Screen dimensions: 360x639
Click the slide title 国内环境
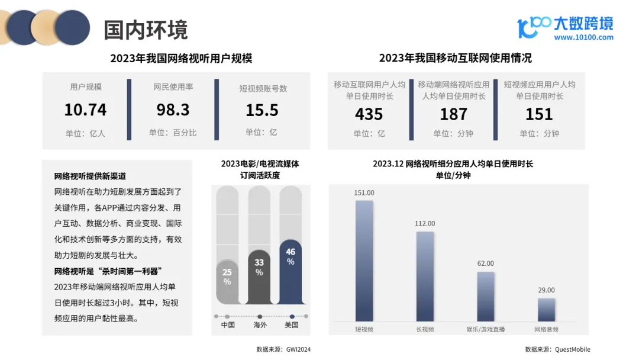tap(146, 29)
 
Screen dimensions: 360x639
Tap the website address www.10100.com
tap(583, 37)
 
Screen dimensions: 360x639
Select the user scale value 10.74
tap(85, 110)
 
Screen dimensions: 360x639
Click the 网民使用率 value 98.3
tap(173, 110)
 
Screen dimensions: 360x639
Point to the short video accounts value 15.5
tap(262, 110)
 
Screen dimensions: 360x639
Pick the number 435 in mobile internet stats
tap(369, 114)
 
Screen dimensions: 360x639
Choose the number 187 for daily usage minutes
tap(454, 114)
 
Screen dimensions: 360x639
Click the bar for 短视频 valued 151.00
tap(364, 261)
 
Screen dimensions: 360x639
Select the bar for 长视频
tap(425, 276)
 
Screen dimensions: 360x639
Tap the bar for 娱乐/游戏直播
tap(486, 296)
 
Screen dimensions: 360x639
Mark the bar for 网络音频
tap(546, 309)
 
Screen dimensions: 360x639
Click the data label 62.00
tap(486, 263)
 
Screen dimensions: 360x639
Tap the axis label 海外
tap(259, 325)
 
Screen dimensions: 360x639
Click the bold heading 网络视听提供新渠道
tap(90, 176)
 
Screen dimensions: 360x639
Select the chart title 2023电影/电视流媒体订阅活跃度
tap(260, 169)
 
